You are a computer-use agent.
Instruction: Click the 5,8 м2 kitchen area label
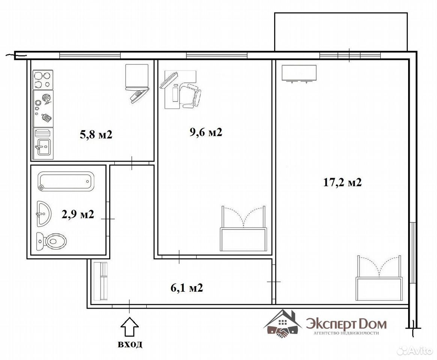pos(96,135)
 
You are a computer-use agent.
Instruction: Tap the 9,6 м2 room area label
pos(206,132)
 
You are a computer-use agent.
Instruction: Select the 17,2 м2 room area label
pos(342,183)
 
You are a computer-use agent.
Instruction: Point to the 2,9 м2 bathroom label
pos(78,214)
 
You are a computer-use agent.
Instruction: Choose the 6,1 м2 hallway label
pos(187,288)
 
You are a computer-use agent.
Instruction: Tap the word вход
pos(130,344)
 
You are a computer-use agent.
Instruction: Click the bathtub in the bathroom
pos(66,181)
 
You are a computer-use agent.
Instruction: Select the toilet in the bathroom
pos(51,241)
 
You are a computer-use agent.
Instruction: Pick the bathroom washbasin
pos(44,213)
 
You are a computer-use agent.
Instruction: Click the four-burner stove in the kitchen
pos(43,80)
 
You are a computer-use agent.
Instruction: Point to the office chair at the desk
pos(191,96)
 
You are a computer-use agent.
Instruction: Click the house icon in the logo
pos(283,324)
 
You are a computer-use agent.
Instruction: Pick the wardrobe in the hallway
pos(101,281)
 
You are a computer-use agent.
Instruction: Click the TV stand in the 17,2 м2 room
pos(299,73)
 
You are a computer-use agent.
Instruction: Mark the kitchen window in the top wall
pos(90,55)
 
